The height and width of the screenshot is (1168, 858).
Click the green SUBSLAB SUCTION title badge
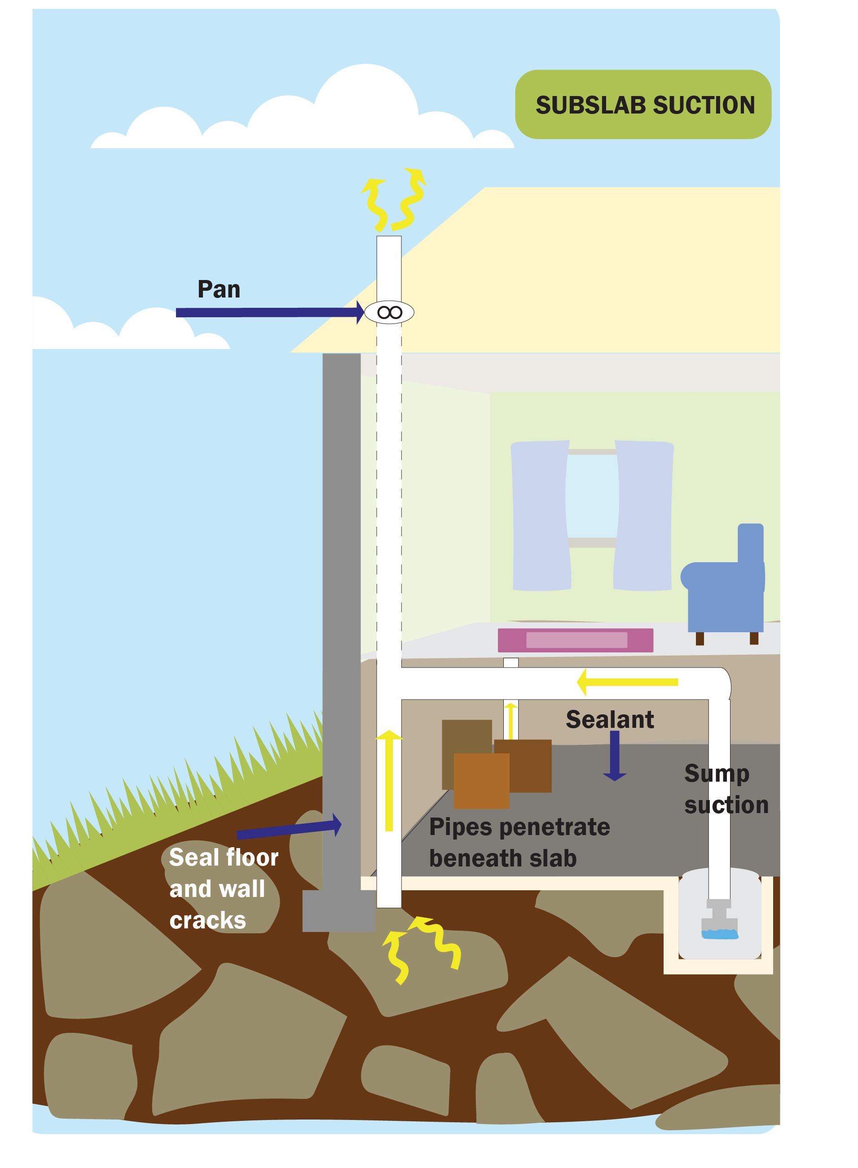642,105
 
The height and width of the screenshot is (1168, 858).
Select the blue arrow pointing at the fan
268,312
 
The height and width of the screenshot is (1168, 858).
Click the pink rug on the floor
575,640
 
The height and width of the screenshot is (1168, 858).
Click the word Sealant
609,719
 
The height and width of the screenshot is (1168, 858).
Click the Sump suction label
726,789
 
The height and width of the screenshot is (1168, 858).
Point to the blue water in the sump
720,934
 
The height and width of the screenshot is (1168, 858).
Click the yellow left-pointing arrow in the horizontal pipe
627,682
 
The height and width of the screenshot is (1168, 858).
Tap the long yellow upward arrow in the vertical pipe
389,781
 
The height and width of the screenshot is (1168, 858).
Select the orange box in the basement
481,781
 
